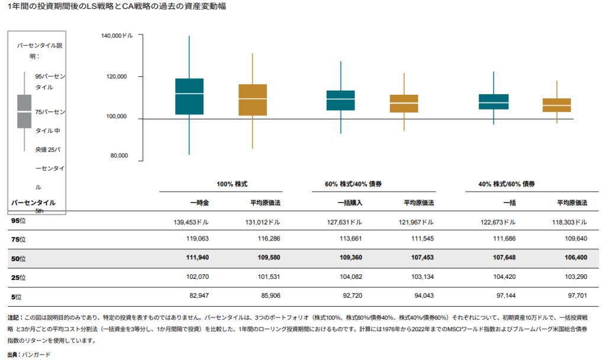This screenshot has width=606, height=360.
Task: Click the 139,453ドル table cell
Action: (x=189, y=222)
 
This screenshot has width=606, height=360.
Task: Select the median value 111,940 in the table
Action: (x=195, y=258)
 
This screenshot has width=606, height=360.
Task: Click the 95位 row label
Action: (x=19, y=221)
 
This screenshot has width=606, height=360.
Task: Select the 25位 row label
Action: (x=19, y=277)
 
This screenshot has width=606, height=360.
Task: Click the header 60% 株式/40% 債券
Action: (x=353, y=184)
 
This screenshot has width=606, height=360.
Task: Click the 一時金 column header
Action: (x=199, y=202)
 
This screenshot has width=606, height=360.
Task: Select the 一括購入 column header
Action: (x=350, y=202)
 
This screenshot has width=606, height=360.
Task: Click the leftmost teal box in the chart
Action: (x=189, y=97)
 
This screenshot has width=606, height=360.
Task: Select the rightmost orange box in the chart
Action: (x=557, y=105)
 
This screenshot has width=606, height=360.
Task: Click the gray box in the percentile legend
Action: (x=24, y=111)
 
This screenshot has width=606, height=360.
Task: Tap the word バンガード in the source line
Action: (x=36, y=354)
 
